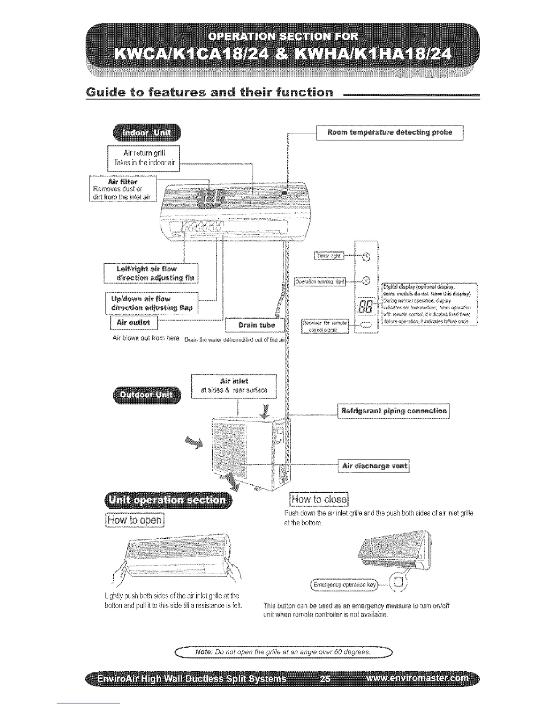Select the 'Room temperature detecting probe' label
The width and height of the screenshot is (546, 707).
(x=389, y=133)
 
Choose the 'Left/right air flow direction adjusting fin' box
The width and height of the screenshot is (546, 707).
(x=151, y=273)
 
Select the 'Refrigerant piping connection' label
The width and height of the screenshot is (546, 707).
(x=393, y=411)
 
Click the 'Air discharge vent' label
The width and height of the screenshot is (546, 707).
(x=374, y=466)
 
